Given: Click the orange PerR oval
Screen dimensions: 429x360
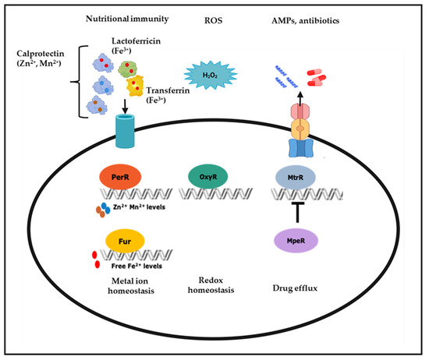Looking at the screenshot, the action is coord(120,177).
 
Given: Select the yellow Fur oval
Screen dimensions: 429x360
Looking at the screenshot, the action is coord(125,241).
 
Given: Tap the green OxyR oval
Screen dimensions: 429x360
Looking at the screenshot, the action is coord(208,177).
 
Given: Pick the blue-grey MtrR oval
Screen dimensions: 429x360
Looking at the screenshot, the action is coord(295,177).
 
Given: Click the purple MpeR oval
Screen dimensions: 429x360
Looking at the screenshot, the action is coord(296,241).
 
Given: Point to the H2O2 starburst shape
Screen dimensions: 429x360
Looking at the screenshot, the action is coord(210,75).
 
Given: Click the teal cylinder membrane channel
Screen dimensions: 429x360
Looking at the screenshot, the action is coord(125,131).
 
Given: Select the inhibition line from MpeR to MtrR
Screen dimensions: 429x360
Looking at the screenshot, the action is coord(297,213).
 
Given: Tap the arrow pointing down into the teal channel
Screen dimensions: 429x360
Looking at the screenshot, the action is coord(125,106).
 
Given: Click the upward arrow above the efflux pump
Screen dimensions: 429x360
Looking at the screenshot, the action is coord(300,99).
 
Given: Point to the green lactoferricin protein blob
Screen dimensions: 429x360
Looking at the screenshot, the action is coord(127,69).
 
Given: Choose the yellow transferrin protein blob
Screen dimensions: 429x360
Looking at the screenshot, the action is coord(135,86).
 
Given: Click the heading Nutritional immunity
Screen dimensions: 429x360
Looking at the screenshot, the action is coord(127,19).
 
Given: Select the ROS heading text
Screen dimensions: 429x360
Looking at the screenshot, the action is coord(214,20).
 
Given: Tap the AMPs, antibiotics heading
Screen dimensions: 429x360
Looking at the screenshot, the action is coord(305,21).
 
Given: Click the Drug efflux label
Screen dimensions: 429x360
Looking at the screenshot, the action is coord(295,288).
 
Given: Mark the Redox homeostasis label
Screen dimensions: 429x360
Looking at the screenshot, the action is coord(211,285).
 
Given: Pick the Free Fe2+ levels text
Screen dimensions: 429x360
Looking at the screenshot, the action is coord(136,266).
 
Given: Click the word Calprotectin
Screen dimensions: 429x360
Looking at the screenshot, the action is coord(41,54).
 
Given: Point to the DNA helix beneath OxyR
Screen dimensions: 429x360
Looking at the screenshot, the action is coord(216,194).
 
